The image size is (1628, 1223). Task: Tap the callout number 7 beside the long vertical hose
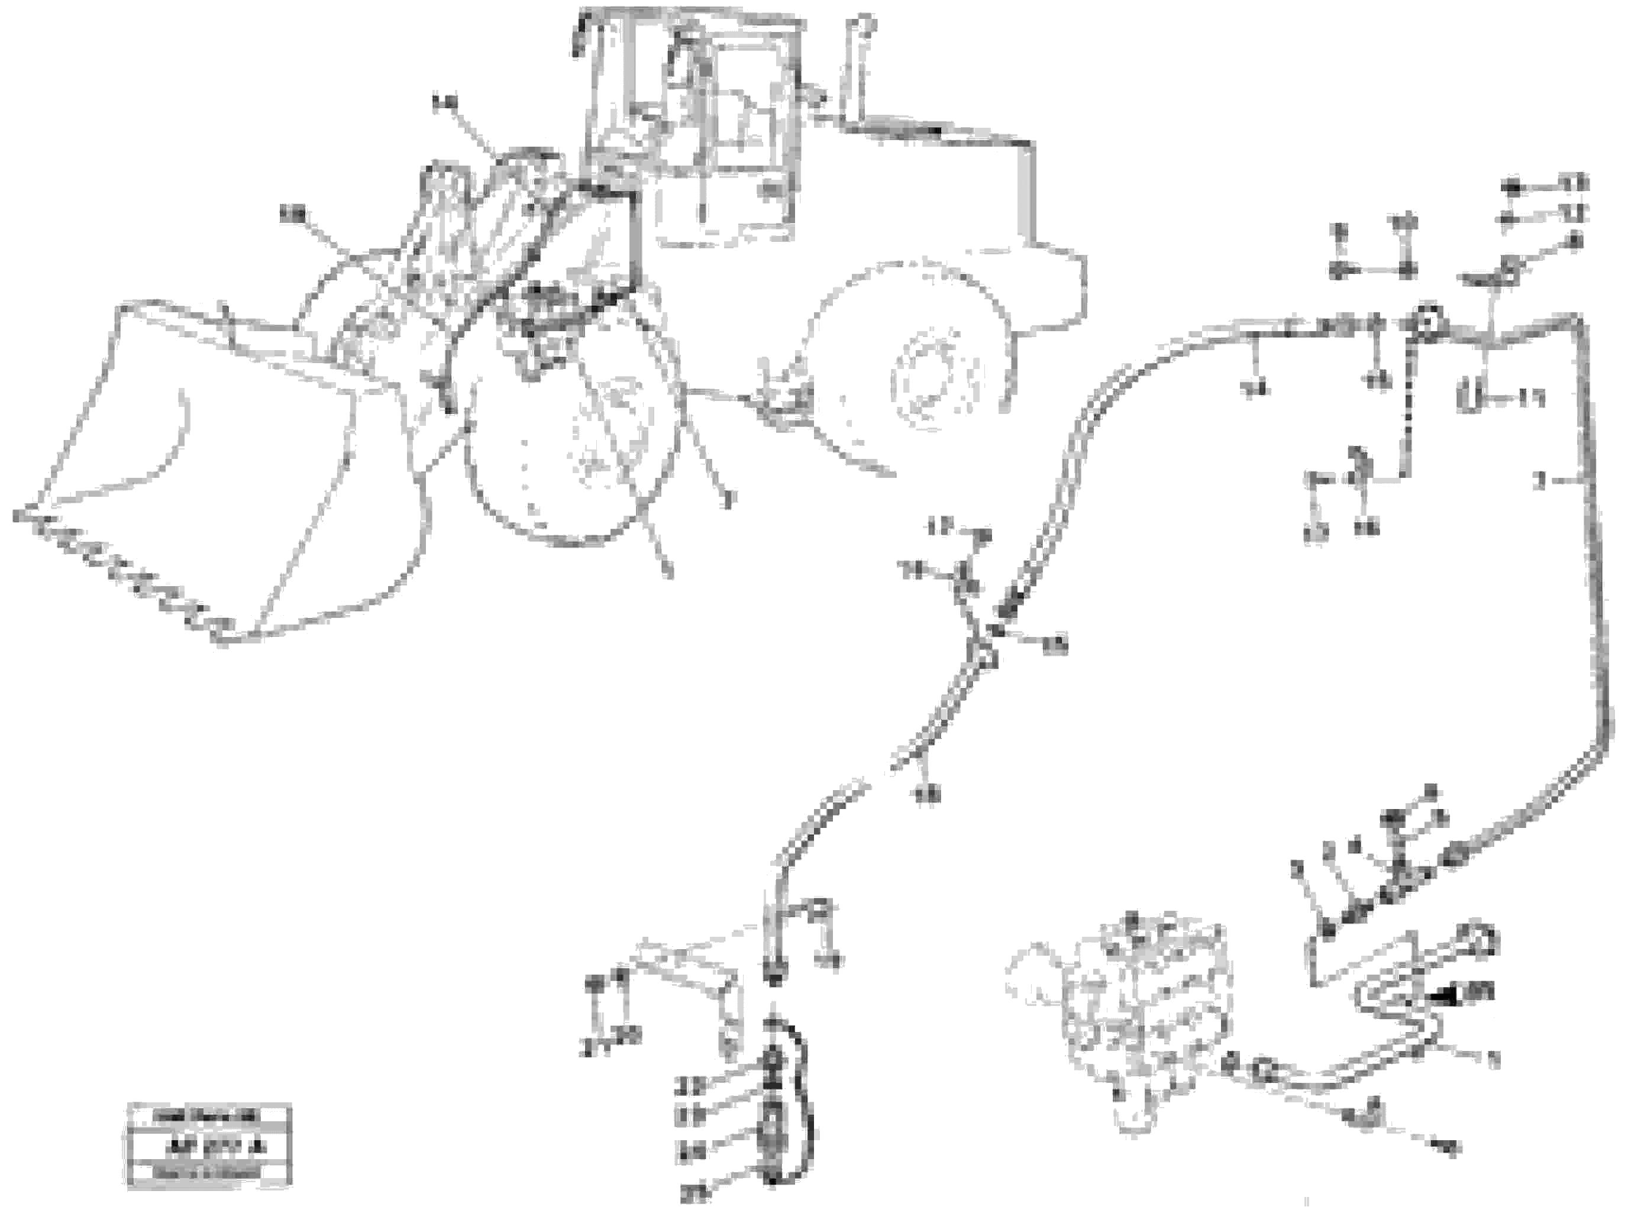pos(1540,483)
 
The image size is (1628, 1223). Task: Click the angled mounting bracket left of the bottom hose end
pos(692,979)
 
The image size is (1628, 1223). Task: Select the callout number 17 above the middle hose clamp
pos(940,527)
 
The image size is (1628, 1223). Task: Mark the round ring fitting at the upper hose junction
pos(1424,323)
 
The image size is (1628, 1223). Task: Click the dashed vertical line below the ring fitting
pos(1407,412)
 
